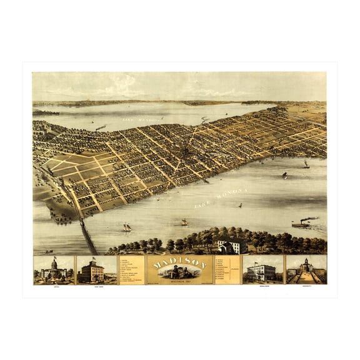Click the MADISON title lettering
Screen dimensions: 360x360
(x=179, y=263)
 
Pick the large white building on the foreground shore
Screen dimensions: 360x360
(x=229, y=245)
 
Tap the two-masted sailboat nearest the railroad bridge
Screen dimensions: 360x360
(x=127, y=227)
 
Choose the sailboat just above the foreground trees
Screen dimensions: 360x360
(x=184, y=222)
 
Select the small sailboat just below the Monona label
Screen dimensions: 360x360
(x=239, y=204)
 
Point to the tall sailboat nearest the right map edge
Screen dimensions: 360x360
(x=306, y=164)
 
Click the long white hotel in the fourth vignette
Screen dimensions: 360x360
(x=262, y=272)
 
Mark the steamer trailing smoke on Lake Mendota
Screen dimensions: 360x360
(x=100, y=127)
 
